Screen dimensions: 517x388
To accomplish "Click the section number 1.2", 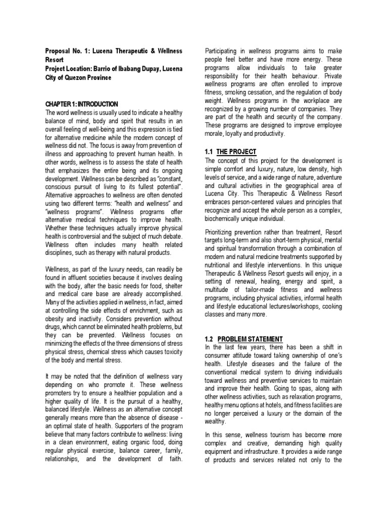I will click(x=210, y=338).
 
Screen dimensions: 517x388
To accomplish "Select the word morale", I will click(x=214, y=134).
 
